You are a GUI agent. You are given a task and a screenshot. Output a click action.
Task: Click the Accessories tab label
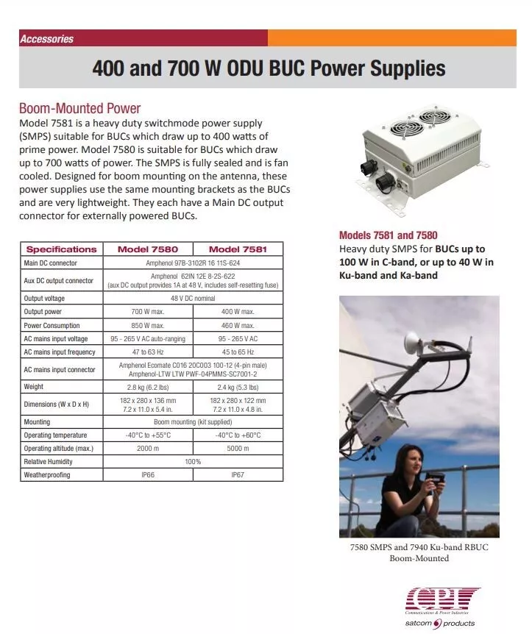47,39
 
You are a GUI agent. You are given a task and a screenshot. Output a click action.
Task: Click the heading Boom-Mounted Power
79,109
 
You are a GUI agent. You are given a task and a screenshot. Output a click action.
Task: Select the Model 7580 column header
148,249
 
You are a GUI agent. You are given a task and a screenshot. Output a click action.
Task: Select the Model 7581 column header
238,249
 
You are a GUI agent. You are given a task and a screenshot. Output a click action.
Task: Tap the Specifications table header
61,249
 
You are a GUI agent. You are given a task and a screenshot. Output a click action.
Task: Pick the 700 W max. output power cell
148,312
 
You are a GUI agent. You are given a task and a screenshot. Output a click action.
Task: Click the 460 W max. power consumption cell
238,325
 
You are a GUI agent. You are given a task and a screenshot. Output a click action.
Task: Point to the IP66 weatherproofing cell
148,475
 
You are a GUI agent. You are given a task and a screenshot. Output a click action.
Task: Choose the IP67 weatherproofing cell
238,475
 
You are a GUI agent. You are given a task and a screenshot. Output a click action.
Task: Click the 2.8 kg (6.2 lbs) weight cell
148,387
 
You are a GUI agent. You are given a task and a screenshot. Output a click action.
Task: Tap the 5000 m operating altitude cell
238,448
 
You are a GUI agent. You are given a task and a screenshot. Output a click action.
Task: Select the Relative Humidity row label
49,461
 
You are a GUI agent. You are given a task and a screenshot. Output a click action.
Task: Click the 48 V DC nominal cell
193,299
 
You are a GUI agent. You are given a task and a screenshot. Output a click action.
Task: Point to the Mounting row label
37,422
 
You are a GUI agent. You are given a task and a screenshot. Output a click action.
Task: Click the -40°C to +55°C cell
148,435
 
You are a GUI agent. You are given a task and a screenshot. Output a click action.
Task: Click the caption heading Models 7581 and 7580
388,235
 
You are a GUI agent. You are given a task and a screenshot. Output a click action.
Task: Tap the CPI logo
443,596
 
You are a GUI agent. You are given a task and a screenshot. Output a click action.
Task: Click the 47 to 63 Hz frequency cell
148,352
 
